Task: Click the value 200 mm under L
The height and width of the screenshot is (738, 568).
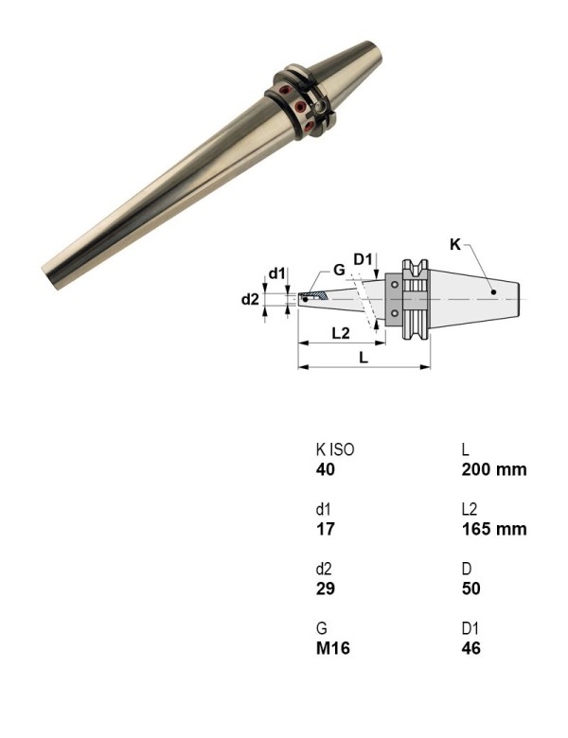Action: pos(493,470)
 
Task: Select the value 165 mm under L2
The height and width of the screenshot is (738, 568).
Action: pos(493,529)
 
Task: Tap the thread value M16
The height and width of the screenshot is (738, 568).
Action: pos(332,648)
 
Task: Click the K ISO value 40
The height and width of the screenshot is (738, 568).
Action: pos(325,470)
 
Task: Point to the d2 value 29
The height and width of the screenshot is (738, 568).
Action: pos(325,589)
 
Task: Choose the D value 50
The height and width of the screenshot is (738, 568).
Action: pos(470,589)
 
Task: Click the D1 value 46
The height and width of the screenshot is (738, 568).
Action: pos(470,648)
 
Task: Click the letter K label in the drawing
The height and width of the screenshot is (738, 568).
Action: pos(454,244)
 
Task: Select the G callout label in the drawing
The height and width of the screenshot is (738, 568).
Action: pos(338,270)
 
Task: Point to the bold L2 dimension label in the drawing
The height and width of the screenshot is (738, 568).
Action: pos(341,333)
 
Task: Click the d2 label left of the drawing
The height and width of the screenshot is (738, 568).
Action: pos(249,299)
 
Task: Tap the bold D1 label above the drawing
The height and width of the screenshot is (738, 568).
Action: pos(364,258)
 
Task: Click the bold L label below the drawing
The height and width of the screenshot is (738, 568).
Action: pos(363,357)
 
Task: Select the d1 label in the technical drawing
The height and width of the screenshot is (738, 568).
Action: pos(276,273)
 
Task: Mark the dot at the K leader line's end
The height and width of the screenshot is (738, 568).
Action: pos(494,291)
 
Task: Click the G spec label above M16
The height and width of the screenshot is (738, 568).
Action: pos(321,627)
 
